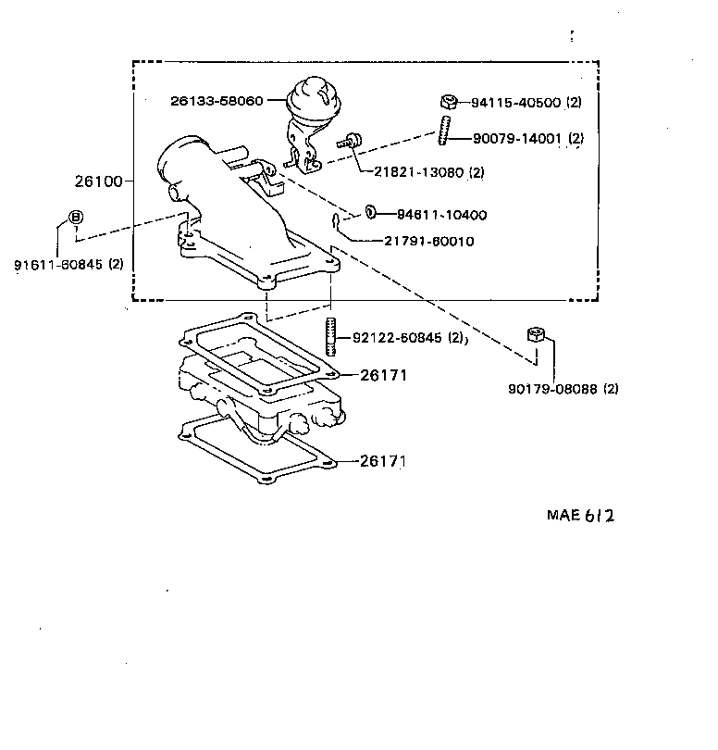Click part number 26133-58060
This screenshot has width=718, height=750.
pos(217,99)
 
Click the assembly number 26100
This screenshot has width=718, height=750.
pos(98,181)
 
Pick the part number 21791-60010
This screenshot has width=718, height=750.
pos(429,241)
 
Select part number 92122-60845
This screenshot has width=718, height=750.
pos(399,338)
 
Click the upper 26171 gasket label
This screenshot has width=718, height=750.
pos(383,375)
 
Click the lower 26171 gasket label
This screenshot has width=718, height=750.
pos(383,460)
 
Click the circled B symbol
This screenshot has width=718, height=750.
pos(76,218)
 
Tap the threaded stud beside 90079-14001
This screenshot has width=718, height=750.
pos(445,129)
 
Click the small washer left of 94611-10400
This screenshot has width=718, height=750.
pos(370,213)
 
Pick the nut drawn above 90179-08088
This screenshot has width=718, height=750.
pos(534,335)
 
